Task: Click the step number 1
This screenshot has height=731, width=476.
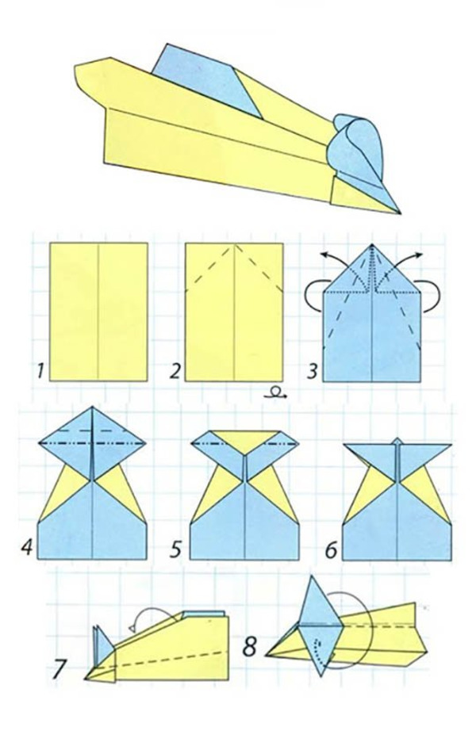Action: point(40,372)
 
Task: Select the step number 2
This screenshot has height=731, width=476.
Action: point(175,372)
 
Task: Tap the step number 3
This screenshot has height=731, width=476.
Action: point(313,372)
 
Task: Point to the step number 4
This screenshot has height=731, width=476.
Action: point(27,546)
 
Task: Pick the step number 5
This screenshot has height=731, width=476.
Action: point(175,549)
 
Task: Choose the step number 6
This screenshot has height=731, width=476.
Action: point(331,550)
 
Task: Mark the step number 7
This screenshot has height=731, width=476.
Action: point(59,669)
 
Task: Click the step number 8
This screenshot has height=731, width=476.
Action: point(250,647)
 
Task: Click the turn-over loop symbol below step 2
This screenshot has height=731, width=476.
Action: point(275,392)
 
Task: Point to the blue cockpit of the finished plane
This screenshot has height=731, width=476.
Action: point(207,79)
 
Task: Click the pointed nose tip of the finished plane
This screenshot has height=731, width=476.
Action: point(400,213)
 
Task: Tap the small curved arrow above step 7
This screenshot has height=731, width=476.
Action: point(154,613)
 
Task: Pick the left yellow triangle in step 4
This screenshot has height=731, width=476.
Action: point(64,489)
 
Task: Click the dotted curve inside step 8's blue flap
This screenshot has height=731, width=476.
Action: point(319,649)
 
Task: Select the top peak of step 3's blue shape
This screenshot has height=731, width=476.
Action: point(372,244)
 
